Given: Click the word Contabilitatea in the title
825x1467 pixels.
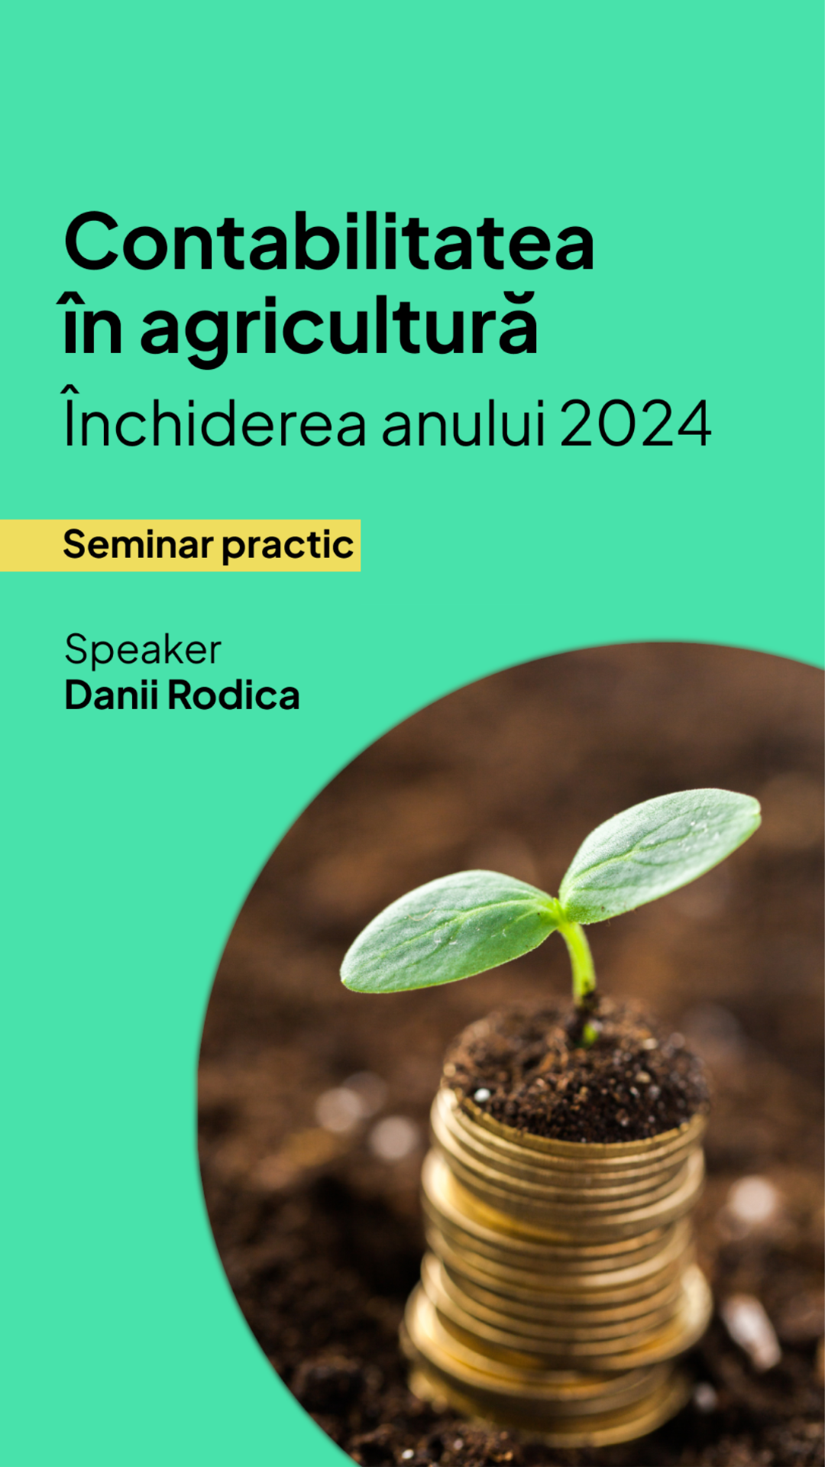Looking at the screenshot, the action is (x=329, y=241).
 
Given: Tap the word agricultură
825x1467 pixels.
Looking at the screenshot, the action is (x=339, y=328).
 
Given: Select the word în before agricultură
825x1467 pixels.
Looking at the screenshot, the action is (x=92, y=324).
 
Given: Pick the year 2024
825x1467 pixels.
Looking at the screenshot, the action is (x=636, y=423).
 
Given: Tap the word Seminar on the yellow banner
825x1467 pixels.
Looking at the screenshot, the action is (x=138, y=545).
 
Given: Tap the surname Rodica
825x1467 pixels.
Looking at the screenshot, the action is (x=234, y=695).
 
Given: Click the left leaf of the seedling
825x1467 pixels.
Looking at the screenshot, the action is (x=447, y=931).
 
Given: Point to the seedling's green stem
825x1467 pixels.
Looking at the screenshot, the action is (x=581, y=963).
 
